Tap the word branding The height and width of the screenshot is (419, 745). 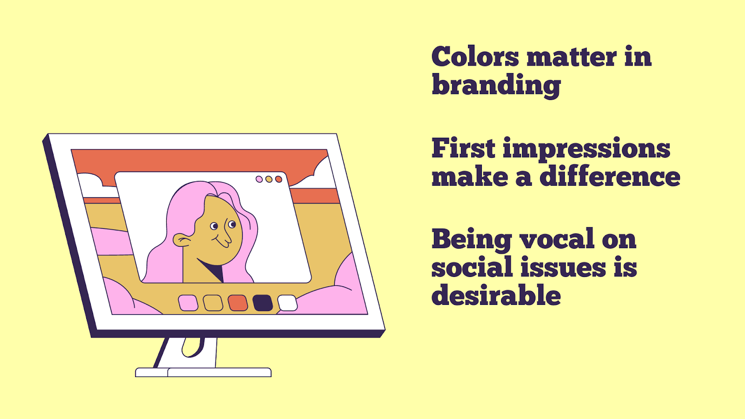(496, 86)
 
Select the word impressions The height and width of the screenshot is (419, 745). (586, 149)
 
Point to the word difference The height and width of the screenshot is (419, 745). (610, 176)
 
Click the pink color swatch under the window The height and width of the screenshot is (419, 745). (188, 303)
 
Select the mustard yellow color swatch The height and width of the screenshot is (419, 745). (213, 303)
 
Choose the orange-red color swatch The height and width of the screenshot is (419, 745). (238, 303)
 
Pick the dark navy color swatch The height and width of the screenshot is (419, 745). (263, 303)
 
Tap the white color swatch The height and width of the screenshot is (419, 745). (287, 303)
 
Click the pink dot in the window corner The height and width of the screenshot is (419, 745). (259, 179)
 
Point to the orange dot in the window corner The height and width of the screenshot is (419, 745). (279, 179)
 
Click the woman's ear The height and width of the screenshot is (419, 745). (182, 240)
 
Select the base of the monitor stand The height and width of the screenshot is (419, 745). (203, 372)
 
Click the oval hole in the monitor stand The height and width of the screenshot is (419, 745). (193, 347)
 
